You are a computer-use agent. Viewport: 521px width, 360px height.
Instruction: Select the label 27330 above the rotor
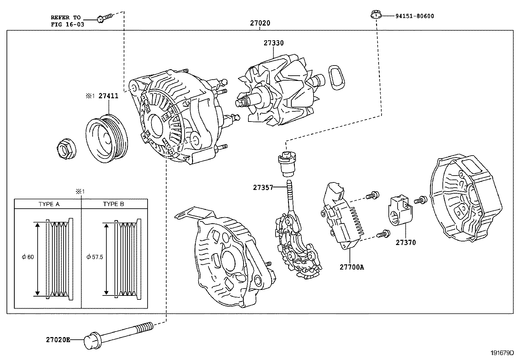click(274, 43)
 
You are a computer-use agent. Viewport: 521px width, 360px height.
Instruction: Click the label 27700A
click(351, 267)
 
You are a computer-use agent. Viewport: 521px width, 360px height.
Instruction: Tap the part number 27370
click(405, 243)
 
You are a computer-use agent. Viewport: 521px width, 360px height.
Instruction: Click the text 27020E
click(58, 340)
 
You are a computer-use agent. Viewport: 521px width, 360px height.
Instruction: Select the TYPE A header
click(49, 204)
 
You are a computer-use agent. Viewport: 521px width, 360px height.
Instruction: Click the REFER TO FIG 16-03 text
click(65, 20)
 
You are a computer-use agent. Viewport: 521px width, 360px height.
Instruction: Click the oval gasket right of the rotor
click(336, 77)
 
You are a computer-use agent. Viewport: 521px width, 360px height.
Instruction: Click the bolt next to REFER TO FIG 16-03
click(104, 18)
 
